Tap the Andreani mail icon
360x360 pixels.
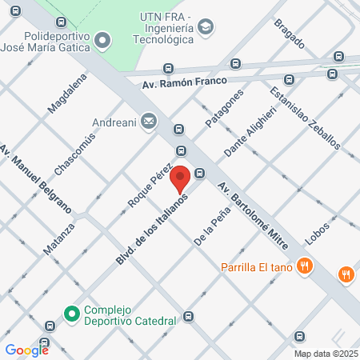[148, 122]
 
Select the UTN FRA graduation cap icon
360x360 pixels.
[206, 28]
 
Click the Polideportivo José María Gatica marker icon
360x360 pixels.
[102, 39]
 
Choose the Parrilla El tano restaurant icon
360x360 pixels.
[303, 266]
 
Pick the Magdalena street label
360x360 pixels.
[66, 94]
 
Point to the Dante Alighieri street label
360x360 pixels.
[249, 132]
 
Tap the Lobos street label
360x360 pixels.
[318, 232]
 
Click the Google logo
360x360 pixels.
[26, 350]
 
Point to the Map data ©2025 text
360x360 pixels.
[326, 354]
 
